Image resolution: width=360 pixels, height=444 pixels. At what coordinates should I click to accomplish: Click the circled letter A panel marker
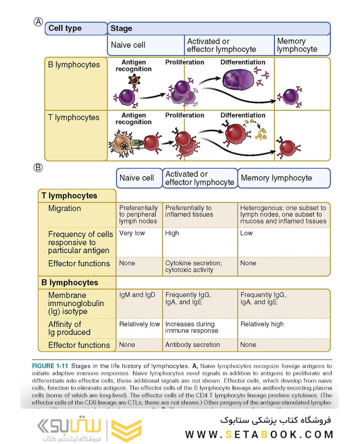coord(38,22)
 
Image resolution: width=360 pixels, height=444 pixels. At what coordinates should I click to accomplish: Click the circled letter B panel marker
coord(38,168)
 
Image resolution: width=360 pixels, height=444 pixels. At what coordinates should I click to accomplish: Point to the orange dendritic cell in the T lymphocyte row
coord(120,145)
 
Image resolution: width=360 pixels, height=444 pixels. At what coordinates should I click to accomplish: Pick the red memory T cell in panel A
coord(288,147)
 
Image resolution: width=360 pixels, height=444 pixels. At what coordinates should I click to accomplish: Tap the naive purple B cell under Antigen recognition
coord(127,97)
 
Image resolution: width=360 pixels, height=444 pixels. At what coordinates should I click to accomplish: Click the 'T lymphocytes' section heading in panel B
coord(69,196)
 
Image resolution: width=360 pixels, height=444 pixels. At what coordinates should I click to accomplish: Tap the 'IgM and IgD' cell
coord(137,295)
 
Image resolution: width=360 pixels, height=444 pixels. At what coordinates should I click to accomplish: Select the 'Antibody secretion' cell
coord(192,345)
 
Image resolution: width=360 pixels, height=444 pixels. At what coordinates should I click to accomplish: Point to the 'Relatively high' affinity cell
coord(262,324)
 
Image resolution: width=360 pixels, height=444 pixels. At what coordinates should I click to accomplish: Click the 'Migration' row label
coord(65,208)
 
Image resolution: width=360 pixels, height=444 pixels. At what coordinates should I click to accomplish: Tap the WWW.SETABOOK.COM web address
coord(259,434)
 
